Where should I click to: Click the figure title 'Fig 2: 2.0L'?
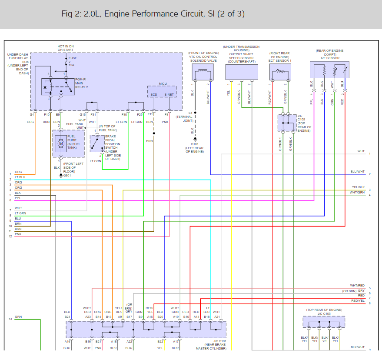click(82, 14)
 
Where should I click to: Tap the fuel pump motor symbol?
click(61, 143)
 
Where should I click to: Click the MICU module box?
click(162, 92)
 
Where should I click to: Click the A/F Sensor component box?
click(329, 70)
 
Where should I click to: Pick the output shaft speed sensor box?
click(241, 72)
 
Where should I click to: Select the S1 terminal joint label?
click(190, 113)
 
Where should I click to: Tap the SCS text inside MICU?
click(154, 94)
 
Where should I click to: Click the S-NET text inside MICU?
click(169, 94)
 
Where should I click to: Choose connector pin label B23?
click(67, 317)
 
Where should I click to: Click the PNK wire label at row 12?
click(18, 234)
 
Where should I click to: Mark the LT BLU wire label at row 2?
click(20, 177)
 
